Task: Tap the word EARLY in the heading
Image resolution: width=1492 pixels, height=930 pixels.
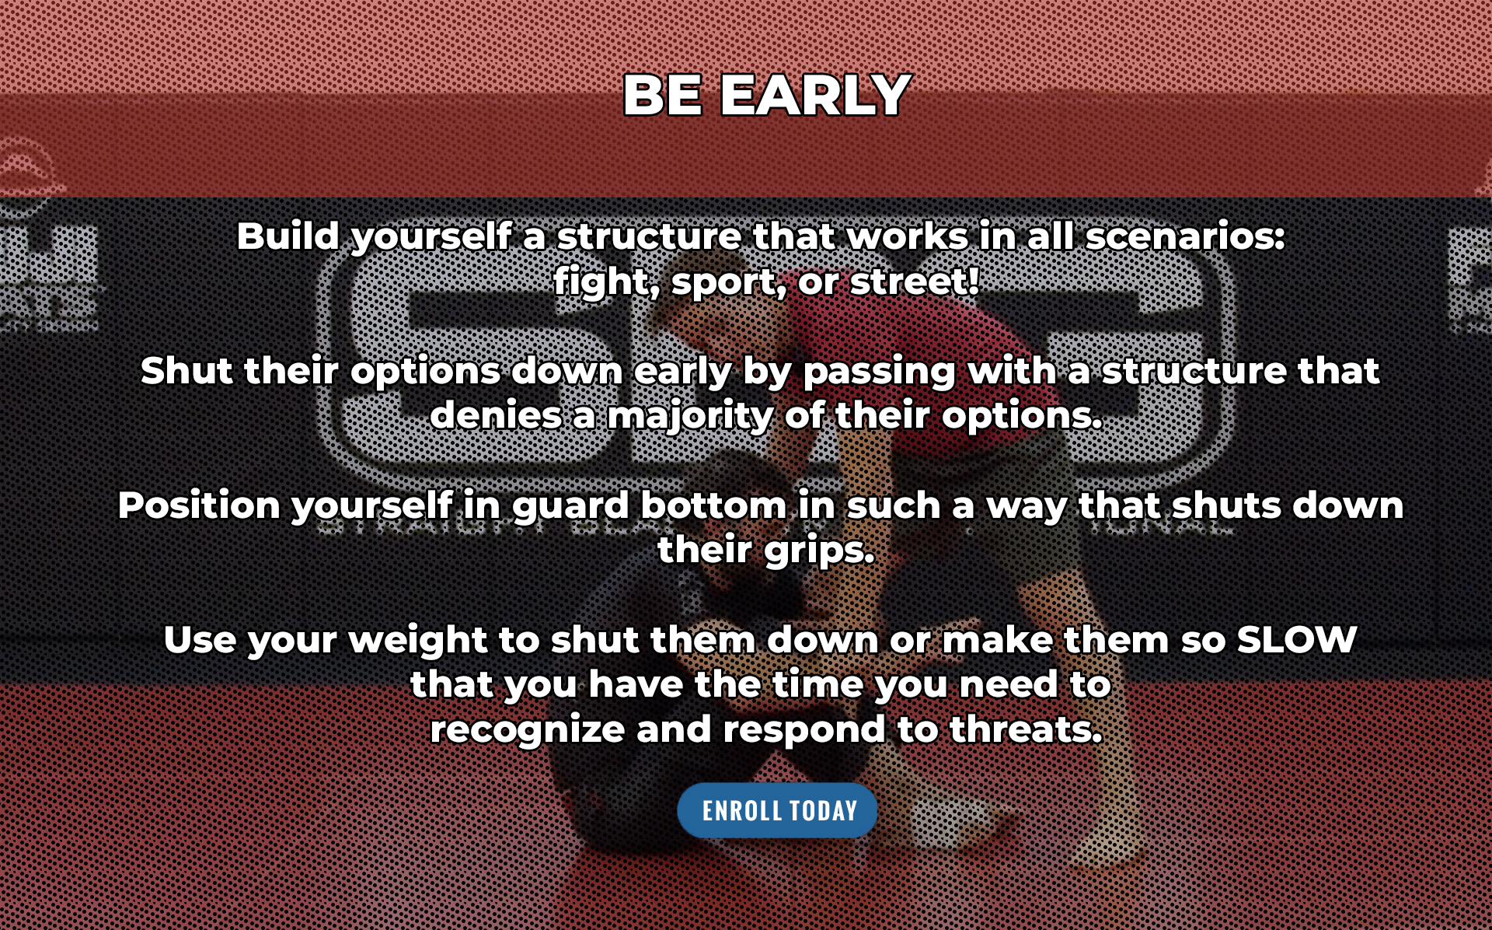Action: (x=815, y=96)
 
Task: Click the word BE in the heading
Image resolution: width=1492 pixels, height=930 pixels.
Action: (x=663, y=96)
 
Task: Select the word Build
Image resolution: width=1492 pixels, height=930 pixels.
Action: (x=288, y=236)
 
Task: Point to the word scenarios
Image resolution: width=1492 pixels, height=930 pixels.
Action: (x=1185, y=236)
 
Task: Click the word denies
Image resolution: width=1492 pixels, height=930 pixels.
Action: (x=497, y=415)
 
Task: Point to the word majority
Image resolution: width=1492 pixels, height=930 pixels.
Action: (x=690, y=417)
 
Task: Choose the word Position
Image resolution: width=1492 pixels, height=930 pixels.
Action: (x=199, y=505)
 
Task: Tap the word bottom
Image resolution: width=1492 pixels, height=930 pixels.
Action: (x=713, y=505)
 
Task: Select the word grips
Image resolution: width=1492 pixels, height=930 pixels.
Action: (x=820, y=551)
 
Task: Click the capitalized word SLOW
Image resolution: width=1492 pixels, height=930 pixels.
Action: (x=1296, y=640)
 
